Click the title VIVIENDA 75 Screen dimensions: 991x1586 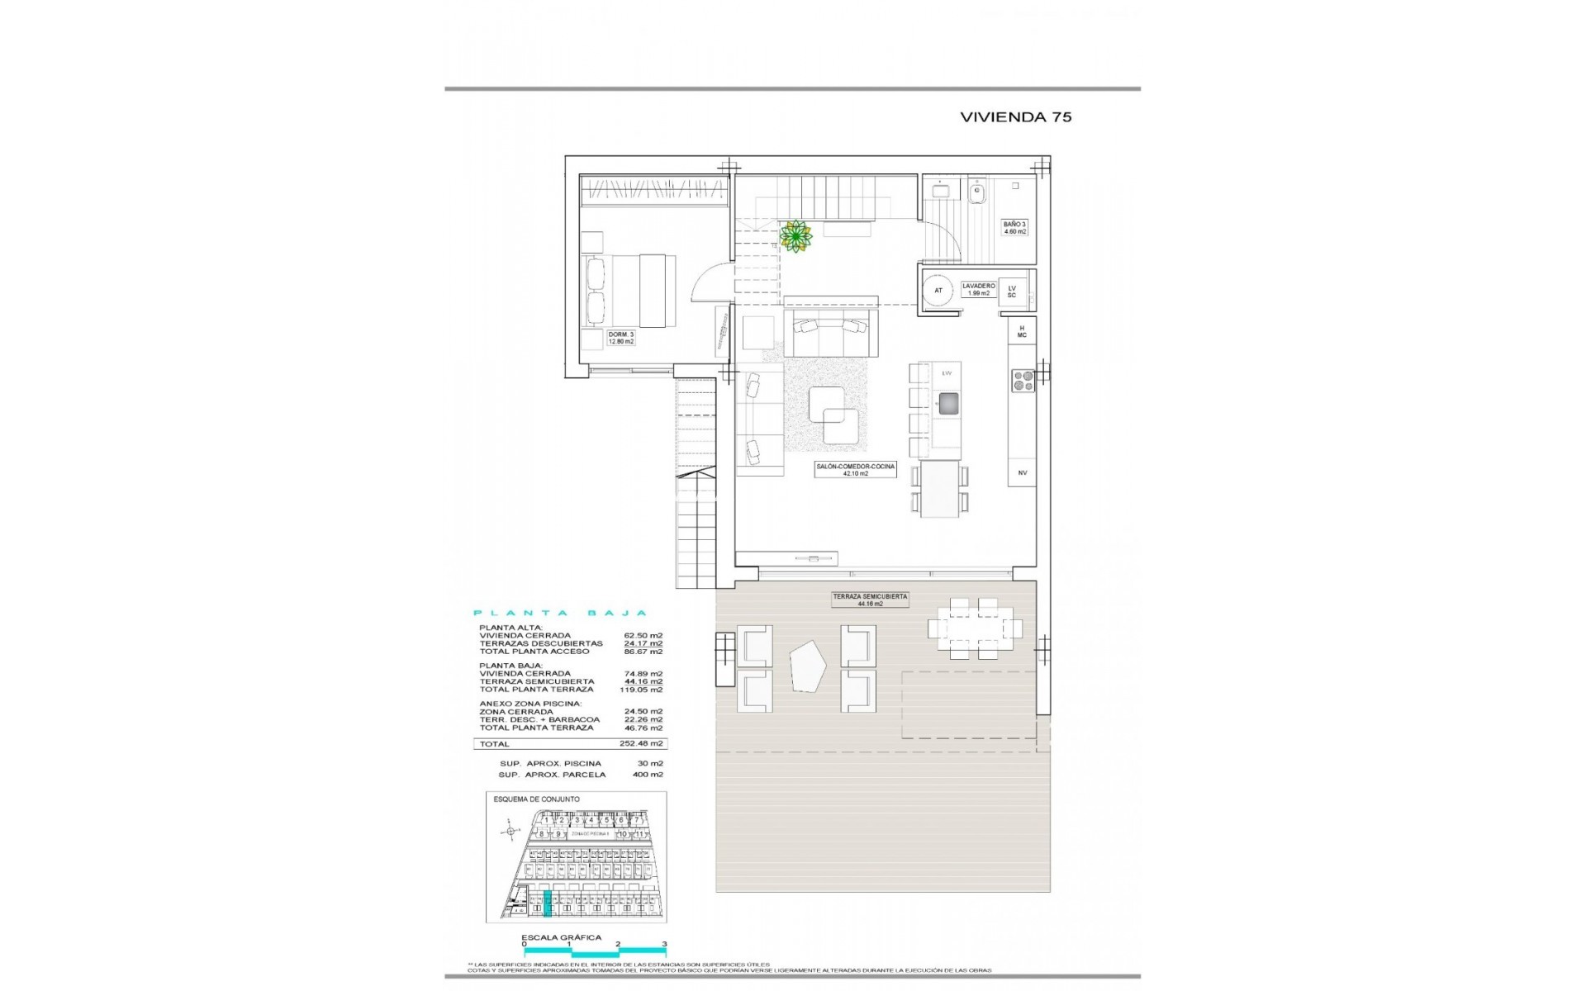coord(1015,117)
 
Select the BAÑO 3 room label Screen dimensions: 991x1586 coord(1014,228)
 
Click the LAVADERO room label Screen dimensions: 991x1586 coord(978,289)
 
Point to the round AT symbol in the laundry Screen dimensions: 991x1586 coord(938,291)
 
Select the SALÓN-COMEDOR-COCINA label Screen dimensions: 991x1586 coord(855,470)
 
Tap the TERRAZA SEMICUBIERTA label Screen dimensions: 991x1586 coord(870,600)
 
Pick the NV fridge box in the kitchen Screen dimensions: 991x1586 coord(1022,472)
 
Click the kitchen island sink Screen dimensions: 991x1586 coord(947,403)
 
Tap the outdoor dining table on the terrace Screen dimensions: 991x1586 coord(975,629)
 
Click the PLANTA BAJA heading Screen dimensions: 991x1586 coord(559,614)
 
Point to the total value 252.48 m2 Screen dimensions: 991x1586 coord(643,744)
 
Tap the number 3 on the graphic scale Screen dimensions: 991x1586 coord(664,944)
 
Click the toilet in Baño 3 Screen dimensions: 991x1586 coord(977,192)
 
